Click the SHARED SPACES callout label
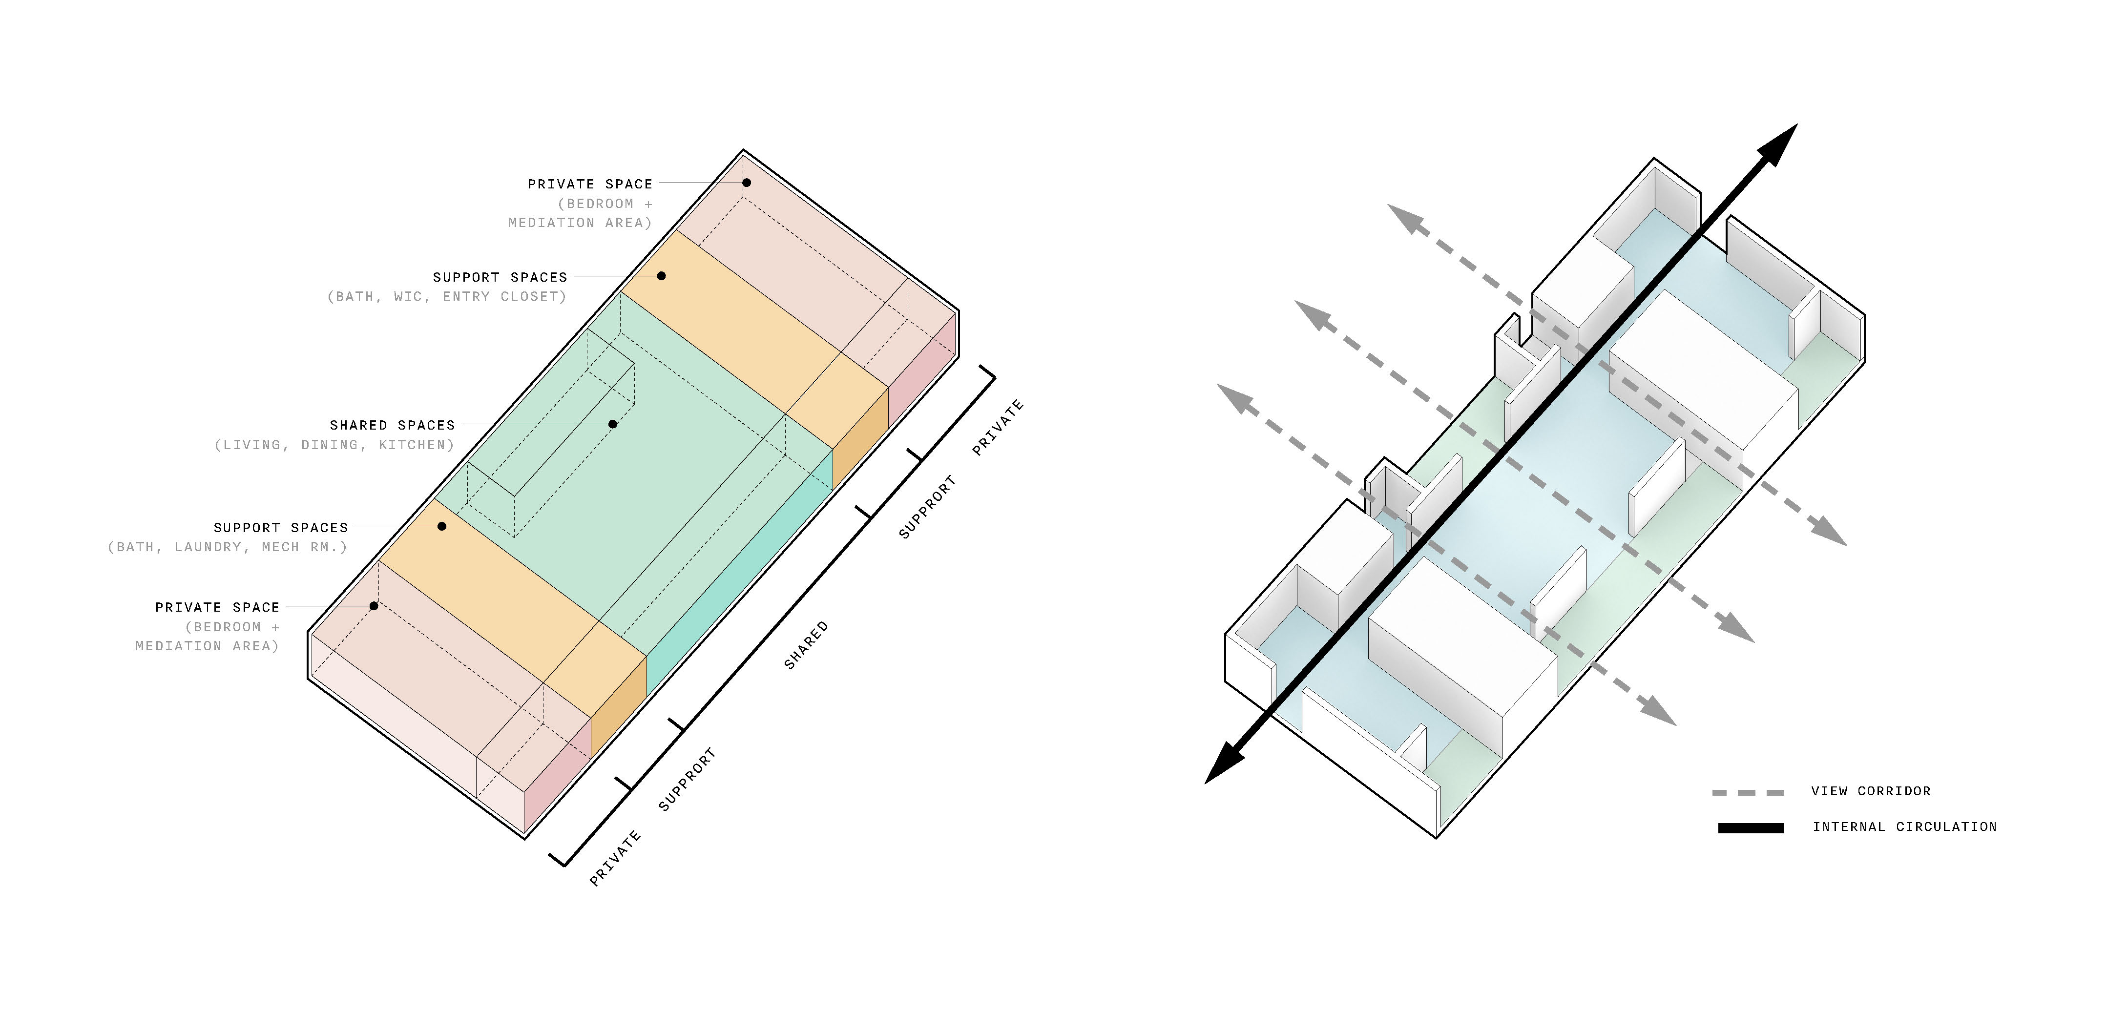393,425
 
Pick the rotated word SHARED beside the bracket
805,645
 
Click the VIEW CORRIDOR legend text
1871,791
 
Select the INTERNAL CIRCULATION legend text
1905,827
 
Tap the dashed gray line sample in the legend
1748,793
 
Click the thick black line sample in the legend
1751,827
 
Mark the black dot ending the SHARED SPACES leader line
613,424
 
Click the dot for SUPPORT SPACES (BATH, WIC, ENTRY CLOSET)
662,276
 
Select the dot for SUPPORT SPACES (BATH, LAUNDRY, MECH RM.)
442,526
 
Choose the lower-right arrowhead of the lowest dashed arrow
1656,709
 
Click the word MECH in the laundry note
281,547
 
